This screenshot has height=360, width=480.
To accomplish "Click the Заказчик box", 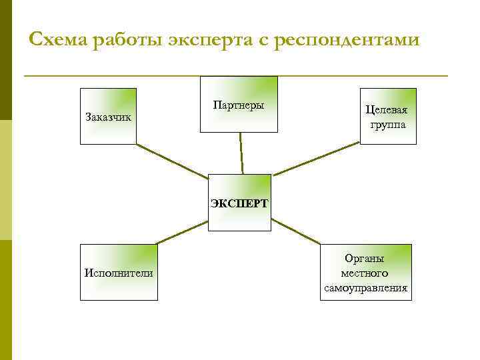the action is pos(108,117).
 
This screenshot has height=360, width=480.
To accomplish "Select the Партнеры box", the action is pos(239,105).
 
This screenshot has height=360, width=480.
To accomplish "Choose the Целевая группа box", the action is pos(388,117).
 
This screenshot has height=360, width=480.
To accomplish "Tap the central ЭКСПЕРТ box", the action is pos(239,203).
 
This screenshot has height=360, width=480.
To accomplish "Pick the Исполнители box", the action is pos(119,272).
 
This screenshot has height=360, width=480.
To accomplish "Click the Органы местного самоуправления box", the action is pos(365,272).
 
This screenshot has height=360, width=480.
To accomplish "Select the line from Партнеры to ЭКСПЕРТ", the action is pos(241,153).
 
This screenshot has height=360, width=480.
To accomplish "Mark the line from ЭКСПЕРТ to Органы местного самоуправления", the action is pos(296,231).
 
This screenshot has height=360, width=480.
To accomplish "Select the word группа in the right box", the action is pos(388,125).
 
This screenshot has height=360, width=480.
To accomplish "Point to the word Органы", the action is pos(365,258).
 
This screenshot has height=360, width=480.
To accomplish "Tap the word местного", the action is pos(365,273).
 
